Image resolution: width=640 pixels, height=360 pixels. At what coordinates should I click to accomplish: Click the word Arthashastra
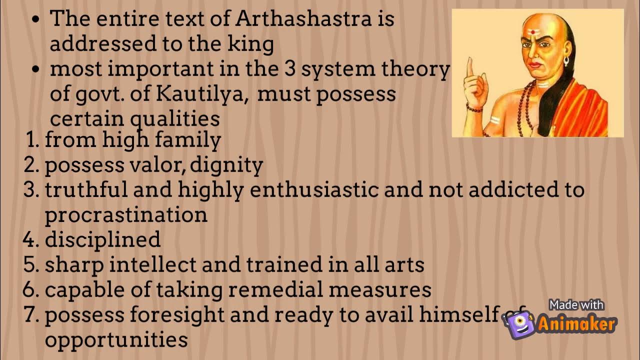tap(303, 19)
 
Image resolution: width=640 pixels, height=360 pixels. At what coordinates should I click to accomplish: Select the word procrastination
tap(126, 214)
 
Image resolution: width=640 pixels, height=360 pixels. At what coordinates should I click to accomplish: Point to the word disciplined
tap(102, 239)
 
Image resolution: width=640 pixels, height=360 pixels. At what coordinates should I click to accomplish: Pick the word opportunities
tap(116, 340)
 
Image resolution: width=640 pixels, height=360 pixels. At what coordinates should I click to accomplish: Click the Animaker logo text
tap(576, 324)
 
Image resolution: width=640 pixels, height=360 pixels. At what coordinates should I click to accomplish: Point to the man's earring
tap(566, 61)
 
